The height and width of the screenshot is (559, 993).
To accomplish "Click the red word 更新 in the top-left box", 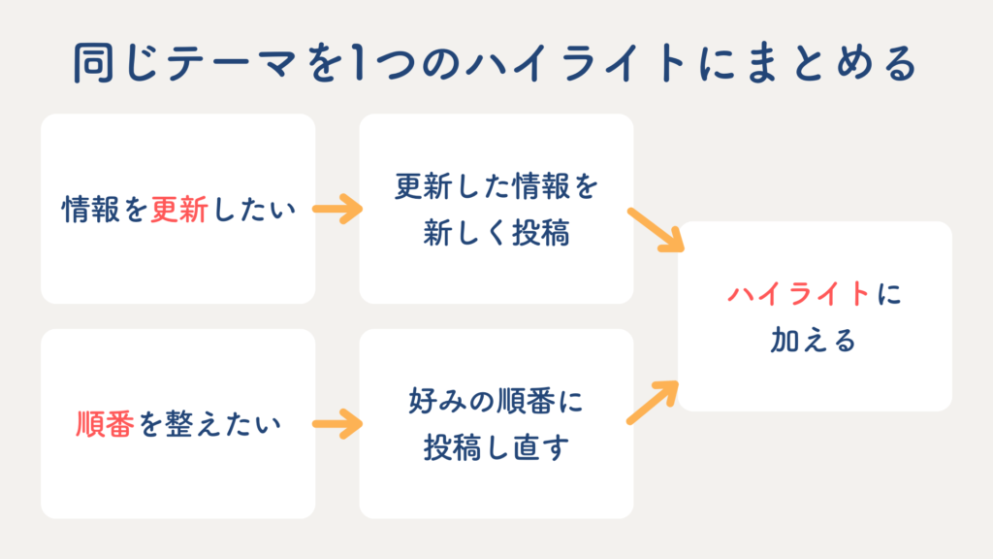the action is [x=179, y=210].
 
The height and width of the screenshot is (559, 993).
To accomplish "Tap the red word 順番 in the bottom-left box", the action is [x=105, y=424].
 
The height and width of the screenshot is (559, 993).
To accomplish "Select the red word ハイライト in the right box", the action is [x=799, y=294].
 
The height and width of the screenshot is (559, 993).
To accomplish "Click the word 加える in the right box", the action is [x=814, y=341].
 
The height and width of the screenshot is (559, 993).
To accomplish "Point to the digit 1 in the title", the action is [x=358, y=63].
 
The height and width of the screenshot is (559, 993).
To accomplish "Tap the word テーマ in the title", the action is [x=233, y=63].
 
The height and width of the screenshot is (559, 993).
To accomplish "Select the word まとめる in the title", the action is [x=831, y=63].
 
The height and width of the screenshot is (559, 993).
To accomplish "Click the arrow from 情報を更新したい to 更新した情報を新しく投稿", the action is [x=337, y=210].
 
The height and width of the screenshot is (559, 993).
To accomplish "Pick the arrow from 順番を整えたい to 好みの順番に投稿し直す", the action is [x=337, y=424].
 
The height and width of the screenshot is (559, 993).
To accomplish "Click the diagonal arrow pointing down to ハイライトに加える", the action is [x=657, y=230].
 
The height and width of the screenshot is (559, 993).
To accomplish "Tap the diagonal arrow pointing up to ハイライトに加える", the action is [x=653, y=403].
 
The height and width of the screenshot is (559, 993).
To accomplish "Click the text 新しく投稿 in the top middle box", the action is [x=496, y=233].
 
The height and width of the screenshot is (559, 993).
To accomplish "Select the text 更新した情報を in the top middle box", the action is [x=496, y=186].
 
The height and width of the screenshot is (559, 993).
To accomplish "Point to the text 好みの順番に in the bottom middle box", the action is [x=496, y=401].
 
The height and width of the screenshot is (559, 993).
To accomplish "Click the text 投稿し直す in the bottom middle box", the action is [x=496, y=447].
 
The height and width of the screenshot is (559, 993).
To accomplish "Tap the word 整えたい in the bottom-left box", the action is [x=223, y=424].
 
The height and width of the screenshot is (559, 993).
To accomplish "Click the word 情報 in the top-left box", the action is [x=90, y=210].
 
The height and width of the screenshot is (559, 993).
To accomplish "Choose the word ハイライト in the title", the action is [x=576, y=63].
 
